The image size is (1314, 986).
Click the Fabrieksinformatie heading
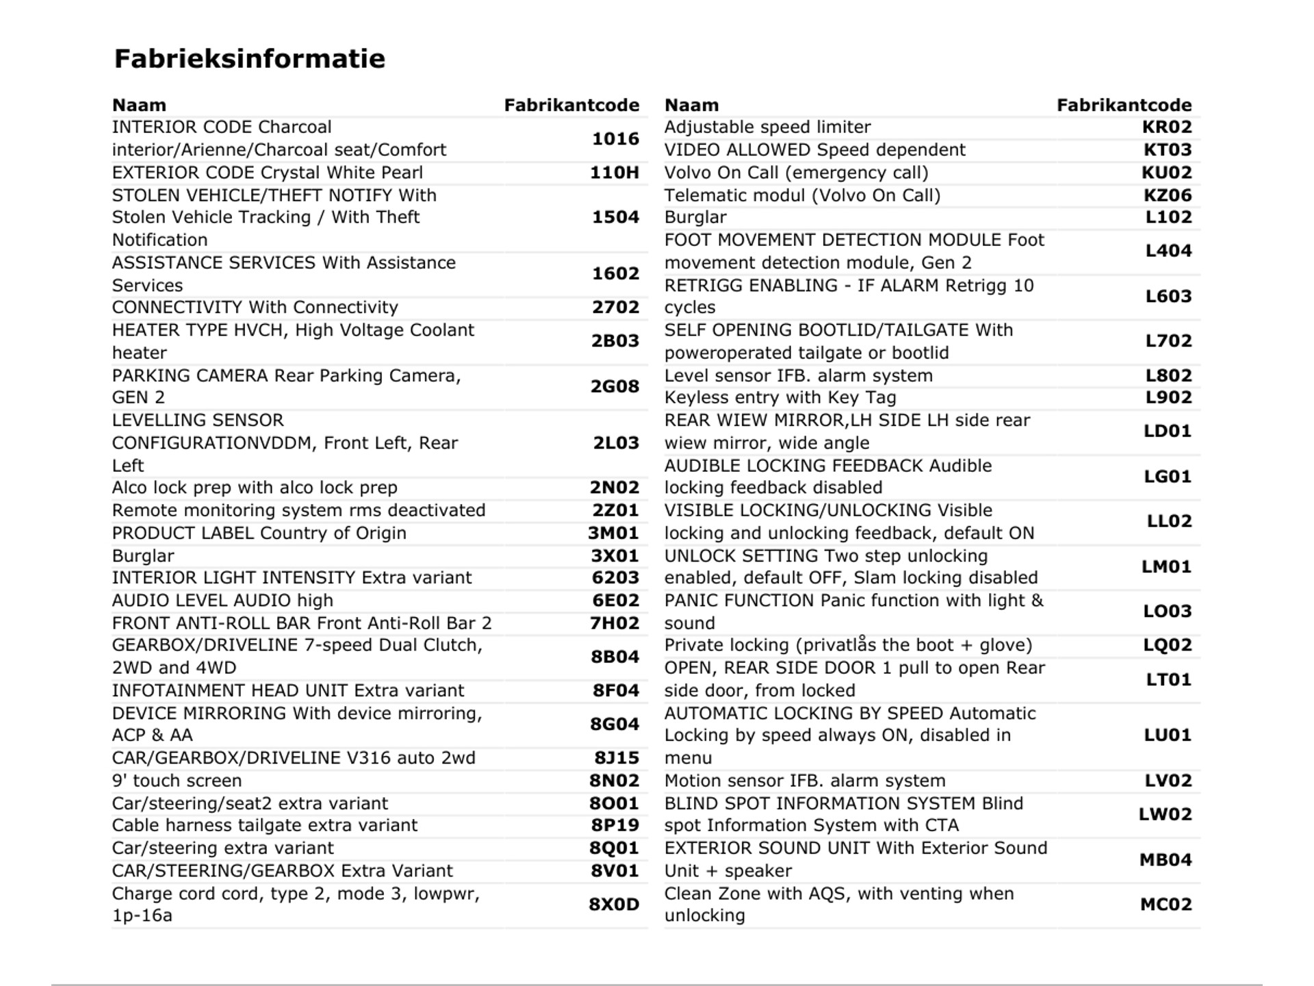coord(249,59)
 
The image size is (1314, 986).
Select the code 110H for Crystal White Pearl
coord(615,173)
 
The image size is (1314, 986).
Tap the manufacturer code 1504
coord(615,217)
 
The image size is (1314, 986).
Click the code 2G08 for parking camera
coord(615,386)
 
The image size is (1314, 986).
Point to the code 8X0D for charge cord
coord(614,905)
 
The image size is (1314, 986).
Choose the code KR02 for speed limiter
coord(1167,127)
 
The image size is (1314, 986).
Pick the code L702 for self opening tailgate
coord(1168,341)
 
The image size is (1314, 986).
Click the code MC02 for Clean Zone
coord(1165,905)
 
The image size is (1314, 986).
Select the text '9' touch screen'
coord(177,781)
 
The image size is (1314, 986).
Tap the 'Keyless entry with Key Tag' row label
coord(780,398)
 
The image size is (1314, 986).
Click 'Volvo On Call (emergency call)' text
coord(796,173)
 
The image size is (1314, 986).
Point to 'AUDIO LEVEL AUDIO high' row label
coord(222,601)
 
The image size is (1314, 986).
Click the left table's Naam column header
coord(139,105)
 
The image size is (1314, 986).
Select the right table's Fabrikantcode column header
coord(1124,105)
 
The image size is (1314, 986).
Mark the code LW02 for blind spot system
coord(1165,814)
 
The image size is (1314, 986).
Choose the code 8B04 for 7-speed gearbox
coord(615,657)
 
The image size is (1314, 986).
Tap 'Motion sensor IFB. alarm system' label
coord(805,781)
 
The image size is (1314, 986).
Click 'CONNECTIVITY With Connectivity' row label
coord(255,307)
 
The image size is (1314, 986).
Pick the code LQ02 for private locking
coord(1167,645)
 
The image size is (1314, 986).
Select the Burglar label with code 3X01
coord(143,556)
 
